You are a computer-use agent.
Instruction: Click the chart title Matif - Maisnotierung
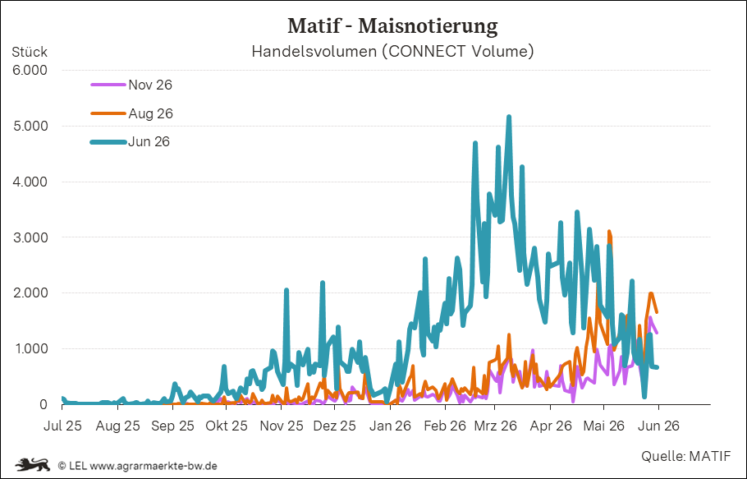[392, 25]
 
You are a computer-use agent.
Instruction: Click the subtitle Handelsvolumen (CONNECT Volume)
[392, 51]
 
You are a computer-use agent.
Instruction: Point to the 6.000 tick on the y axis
[30, 70]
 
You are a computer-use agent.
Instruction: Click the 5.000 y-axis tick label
[30, 126]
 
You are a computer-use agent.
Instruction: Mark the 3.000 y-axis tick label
[30, 237]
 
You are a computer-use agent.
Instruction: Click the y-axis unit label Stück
[30, 52]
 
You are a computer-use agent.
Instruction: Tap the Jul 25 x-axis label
[62, 426]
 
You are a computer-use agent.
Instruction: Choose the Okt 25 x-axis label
[227, 426]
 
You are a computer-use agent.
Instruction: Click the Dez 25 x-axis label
[334, 426]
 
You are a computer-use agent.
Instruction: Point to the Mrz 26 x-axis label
[496, 426]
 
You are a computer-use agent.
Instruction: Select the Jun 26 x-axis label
[658, 426]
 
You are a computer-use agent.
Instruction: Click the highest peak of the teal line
[509, 117]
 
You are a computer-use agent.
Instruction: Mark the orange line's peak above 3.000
[609, 232]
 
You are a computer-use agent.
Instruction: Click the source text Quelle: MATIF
[685, 456]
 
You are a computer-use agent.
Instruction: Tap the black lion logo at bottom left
[33, 464]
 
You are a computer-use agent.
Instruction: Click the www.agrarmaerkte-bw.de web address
[154, 466]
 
